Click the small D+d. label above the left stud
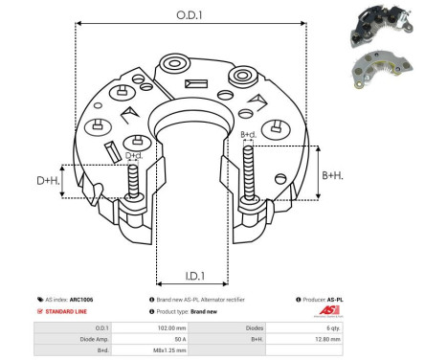pos(135,155)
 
